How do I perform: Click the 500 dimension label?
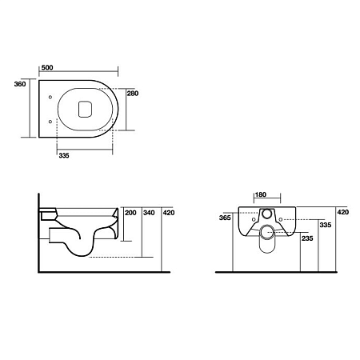tap(47, 67)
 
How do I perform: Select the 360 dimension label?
tap(20, 84)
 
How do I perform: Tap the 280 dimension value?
tap(133, 94)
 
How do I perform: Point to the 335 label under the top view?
tap(64, 155)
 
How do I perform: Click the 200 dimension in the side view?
tap(130, 213)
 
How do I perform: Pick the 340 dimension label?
tap(149, 213)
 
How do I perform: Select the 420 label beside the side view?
tap(169, 213)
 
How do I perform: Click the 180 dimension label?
tap(261, 194)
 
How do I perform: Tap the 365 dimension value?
tap(225, 218)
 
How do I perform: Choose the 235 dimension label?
tap(307, 238)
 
